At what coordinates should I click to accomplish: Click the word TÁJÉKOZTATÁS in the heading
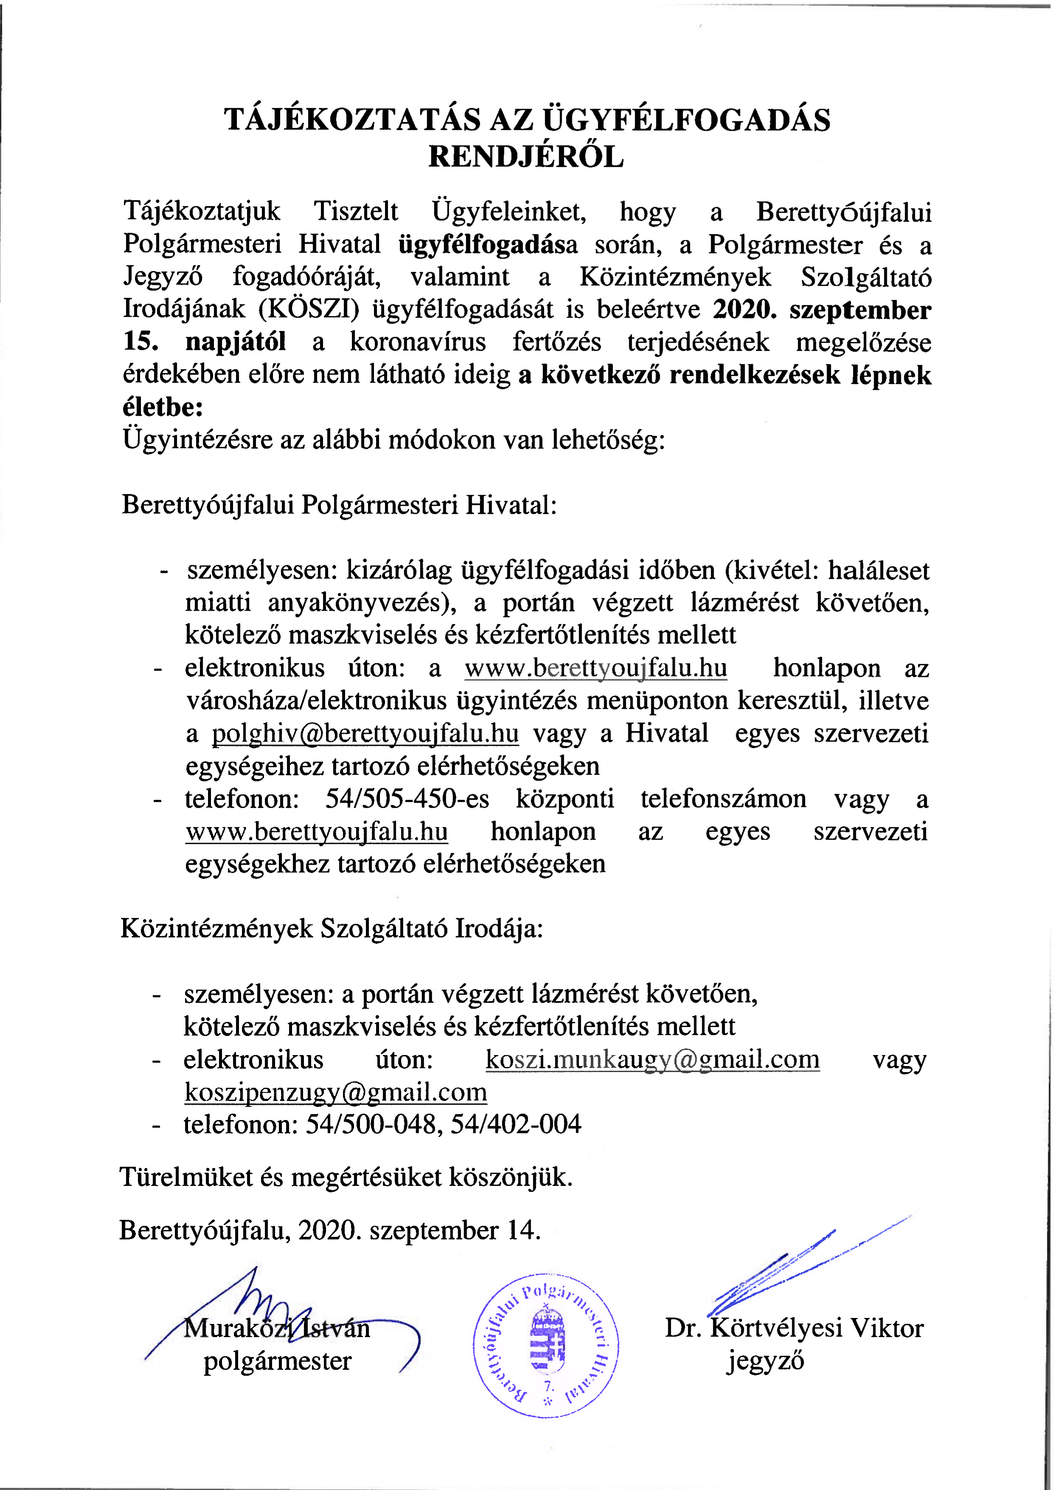[x=352, y=120]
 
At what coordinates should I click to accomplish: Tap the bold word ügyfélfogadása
[x=487, y=245]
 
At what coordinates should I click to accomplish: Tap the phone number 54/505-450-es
[x=407, y=799]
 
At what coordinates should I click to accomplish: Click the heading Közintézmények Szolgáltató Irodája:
[x=332, y=928]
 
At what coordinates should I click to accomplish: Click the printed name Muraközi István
[x=276, y=1328]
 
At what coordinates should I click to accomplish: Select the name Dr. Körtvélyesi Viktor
[x=794, y=1328]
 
